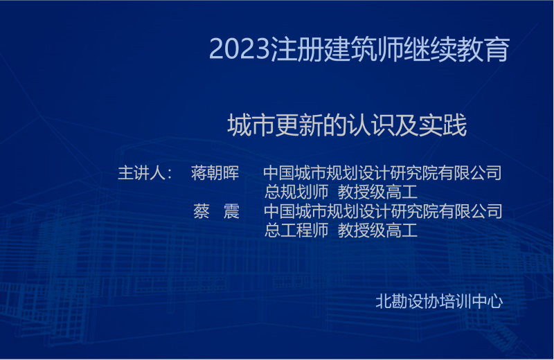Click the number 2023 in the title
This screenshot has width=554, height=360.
[240, 48]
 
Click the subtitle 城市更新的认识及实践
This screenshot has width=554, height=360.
[347, 125]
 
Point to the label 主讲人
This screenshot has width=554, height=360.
[141, 173]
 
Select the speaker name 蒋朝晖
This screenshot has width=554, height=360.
[215, 173]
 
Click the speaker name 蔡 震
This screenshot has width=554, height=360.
[216, 211]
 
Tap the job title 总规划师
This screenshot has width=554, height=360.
[296, 192]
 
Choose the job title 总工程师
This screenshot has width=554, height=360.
[296, 231]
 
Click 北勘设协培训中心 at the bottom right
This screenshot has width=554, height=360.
[439, 301]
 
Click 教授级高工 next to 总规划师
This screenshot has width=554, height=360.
[377, 192]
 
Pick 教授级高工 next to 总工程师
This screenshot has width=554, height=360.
[377, 231]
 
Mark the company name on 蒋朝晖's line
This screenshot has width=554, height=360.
[383, 173]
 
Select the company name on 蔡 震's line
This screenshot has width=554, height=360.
[383, 211]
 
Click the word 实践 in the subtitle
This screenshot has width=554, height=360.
[443, 125]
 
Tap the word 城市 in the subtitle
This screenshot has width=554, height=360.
[251, 125]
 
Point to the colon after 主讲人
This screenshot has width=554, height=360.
[170, 174]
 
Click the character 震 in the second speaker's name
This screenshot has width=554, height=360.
[231, 211]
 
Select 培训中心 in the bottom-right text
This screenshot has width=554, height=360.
[471, 301]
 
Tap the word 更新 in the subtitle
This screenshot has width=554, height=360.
[299, 125]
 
